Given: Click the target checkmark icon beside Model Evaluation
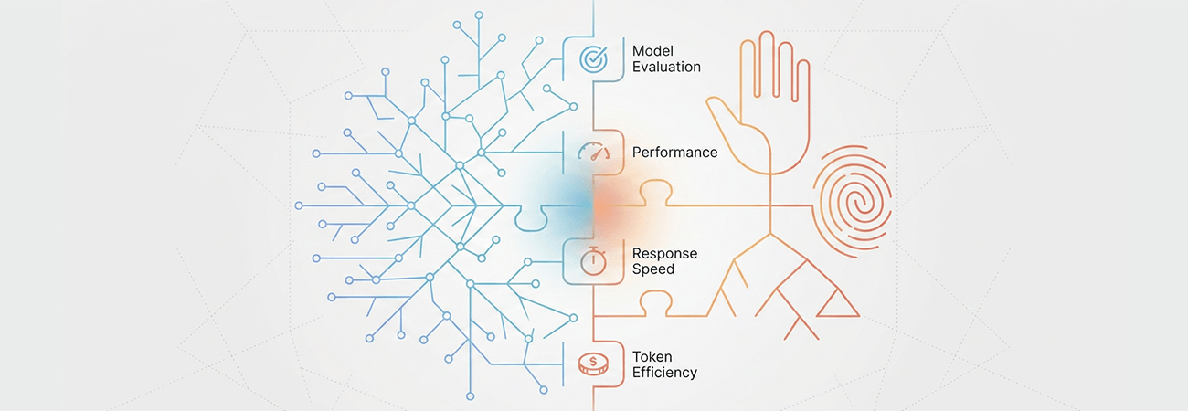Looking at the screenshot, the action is click(593, 58).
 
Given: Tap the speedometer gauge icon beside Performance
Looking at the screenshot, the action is click(593, 151).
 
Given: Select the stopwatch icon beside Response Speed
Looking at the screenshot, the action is click(593, 261).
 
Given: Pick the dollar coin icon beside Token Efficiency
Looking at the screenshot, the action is click(593, 364).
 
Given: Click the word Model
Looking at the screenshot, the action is click(652, 51).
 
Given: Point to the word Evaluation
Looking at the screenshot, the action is click(667, 67).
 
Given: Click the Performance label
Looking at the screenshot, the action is click(674, 153).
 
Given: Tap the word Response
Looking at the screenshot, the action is click(664, 254).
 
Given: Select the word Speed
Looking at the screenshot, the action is click(653, 269).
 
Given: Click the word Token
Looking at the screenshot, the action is click(652, 356).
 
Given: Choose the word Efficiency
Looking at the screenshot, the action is click(664, 373).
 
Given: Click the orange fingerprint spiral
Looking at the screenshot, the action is click(853, 202).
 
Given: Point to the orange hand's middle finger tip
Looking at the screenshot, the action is click(767, 34).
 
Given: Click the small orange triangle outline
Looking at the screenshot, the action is click(838, 303).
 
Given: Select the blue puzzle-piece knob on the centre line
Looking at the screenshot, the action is click(531, 218).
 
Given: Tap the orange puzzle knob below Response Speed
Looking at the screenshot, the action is click(655, 303).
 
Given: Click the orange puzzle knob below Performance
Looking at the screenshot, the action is click(655, 193).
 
